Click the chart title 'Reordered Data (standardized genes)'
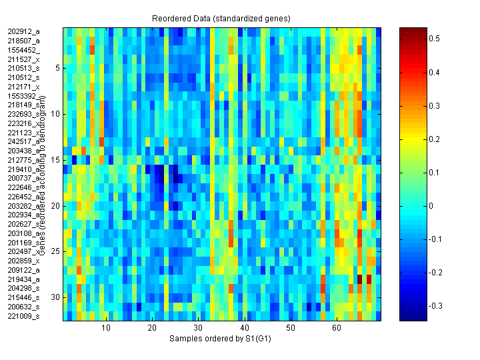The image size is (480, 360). [x=221, y=17]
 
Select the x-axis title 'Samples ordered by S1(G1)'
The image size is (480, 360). [x=221, y=339]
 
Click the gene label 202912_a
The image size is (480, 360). [x=24, y=31]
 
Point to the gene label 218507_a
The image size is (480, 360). [x=24, y=41]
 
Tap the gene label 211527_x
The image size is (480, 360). [x=24, y=59]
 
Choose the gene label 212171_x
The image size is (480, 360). [x=24, y=87]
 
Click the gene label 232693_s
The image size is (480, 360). [x=24, y=114]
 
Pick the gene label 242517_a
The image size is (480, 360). [x=24, y=141]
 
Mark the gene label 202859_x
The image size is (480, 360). [x=24, y=261]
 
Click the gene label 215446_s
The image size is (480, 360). [x=24, y=297]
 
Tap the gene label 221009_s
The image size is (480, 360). [x=24, y=316]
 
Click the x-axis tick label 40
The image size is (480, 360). [x=245, y=329]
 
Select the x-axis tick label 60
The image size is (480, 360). [x=337, y=329]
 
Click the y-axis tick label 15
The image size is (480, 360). [x=56, y=160]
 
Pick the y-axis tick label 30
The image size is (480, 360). [x=56, y=297]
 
